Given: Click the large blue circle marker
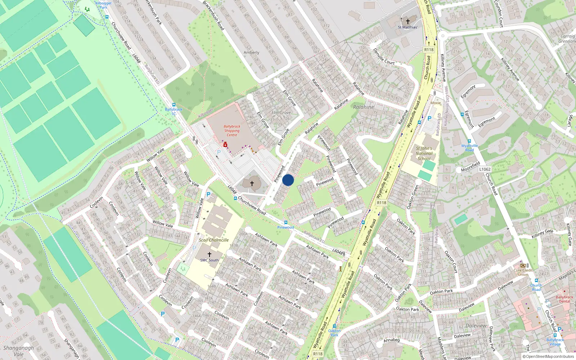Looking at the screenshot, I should tap(288, 180).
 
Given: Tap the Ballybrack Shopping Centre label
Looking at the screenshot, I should tap(232, 131).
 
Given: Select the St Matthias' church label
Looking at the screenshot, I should tap(408, 27).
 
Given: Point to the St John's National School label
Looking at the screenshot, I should tap(424, 153).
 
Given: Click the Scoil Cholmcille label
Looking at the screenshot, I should tap(214, 240).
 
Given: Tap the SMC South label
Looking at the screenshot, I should tap(210, 260).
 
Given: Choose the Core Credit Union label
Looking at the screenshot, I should tap(523, 272).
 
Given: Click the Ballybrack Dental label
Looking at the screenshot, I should tap(564, 299).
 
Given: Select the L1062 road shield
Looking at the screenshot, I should tap(485, 169).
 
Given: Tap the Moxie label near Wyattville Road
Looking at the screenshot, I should tap(436, 103).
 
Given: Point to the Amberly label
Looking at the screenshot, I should tap(251, 53).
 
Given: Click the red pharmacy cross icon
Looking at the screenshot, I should tap(225, 145).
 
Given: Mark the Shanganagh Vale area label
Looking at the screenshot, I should tap(18, 351).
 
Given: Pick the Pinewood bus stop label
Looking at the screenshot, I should tap(285, 227).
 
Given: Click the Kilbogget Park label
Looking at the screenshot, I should tap(103, 5).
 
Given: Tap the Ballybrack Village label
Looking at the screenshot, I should tap(555, 342).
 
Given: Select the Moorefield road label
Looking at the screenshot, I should tap(471, 167).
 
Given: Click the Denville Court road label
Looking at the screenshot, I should tap(384, 57).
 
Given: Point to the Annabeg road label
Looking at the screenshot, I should tap(391, 340).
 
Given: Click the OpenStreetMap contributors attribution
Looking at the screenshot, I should tap(548, 356).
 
